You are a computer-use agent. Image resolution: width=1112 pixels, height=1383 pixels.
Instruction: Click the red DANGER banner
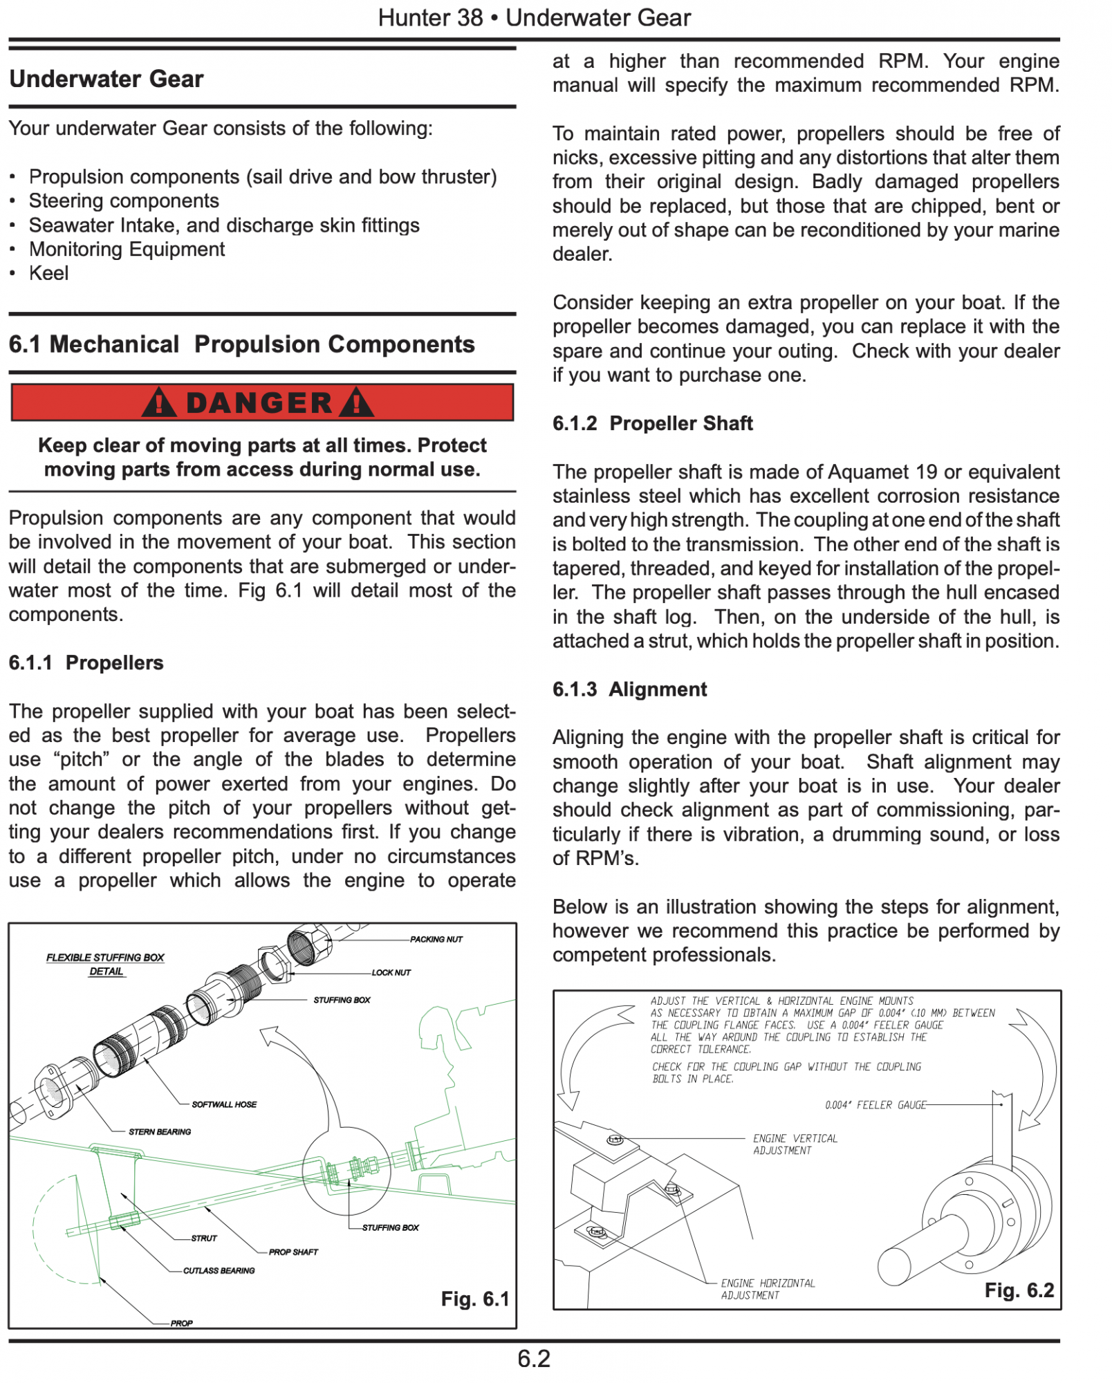262,402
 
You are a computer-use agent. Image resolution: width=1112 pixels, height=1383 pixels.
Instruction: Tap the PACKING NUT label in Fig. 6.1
436,939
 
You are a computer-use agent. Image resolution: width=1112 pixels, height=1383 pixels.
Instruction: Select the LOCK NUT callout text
391,972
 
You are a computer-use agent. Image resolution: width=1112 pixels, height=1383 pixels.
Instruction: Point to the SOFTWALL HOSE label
224,1104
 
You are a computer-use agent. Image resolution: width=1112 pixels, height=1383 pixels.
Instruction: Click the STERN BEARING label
160,1132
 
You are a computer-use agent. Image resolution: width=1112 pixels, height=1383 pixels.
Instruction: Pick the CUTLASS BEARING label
219,1270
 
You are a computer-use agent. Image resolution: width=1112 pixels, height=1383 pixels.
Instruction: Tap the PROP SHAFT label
293,1252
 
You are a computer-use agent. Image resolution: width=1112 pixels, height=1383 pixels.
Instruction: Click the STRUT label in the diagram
204,1238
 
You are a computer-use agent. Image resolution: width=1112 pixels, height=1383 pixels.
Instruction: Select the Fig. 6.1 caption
474,1299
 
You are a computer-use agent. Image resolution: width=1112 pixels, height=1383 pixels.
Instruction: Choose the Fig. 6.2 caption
1019,1290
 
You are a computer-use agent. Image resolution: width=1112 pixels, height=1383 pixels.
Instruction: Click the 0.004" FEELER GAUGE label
875,1105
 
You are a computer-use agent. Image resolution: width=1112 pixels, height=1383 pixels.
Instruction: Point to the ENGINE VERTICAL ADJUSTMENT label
795,1144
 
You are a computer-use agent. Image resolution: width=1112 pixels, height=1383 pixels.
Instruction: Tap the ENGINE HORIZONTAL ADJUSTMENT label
768,1289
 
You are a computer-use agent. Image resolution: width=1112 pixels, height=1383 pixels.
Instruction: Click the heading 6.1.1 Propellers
86,662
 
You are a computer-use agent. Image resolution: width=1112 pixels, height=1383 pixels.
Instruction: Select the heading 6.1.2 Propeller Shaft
652,423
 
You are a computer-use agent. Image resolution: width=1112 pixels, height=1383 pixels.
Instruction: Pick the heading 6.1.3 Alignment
629,689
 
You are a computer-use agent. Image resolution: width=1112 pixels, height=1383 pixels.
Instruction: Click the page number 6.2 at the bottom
534,1359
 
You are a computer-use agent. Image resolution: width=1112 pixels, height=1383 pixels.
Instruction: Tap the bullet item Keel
48,273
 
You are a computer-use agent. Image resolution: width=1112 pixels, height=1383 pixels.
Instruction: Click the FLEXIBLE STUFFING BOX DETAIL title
105,964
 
